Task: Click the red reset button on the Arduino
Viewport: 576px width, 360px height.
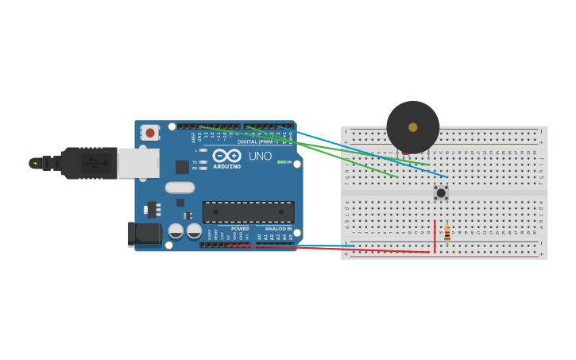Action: click(150, 133)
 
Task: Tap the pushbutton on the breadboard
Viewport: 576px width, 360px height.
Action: click(440, 192)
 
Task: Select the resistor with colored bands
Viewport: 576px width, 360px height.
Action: click(446, 233)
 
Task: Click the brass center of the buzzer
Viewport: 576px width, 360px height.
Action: click(412, 127)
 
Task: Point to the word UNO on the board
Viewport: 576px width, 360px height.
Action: click(260, 156)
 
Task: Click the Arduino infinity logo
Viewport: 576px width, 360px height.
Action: click(226, 156)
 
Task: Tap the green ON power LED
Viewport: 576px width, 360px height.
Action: click(280, 162)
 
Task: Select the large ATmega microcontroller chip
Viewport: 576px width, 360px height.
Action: click(248, 212)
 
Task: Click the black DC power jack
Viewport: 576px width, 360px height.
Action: click(145, 234)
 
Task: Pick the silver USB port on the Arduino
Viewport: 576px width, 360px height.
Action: click(137, 163)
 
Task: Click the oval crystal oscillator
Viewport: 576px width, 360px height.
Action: click(180, 188)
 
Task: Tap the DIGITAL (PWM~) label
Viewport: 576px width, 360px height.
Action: click(257, 142)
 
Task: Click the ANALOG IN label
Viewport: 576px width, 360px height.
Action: click(278, 229)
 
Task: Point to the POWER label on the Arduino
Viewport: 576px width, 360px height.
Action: click(240, 229)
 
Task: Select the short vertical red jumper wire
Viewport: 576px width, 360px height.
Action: click(435, 236)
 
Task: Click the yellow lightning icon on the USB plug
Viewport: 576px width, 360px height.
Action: click(35, 163)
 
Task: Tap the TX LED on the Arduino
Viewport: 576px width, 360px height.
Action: click(203, 162)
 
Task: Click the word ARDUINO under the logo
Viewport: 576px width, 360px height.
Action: click(226, 167)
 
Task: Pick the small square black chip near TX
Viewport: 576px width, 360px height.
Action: click(182, 167)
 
